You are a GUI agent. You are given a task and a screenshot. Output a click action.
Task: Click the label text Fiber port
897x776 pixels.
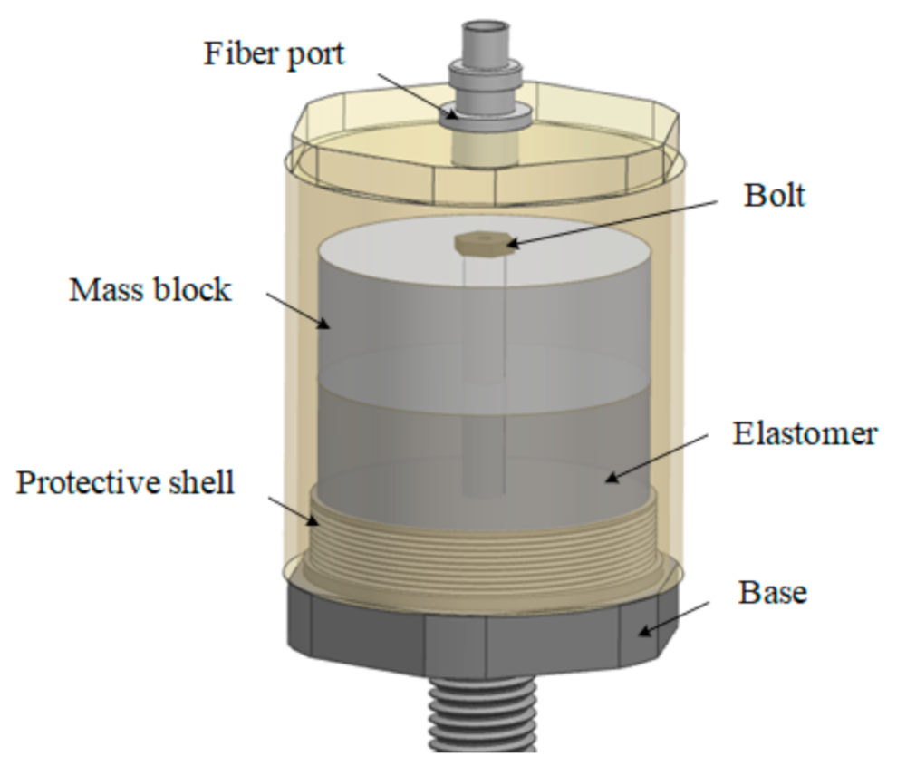[x=274, y=53]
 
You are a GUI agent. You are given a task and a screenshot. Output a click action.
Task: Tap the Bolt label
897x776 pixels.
[x=774, y=195]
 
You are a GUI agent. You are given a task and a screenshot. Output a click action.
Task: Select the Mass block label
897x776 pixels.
[x=150, y=290]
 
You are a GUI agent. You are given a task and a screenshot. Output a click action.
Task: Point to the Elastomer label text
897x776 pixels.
[x=805, y=433]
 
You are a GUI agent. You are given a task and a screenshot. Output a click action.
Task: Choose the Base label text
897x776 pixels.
[x=773, y=593]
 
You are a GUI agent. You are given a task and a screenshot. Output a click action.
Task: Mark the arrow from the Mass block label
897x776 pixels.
[x=294, y=308]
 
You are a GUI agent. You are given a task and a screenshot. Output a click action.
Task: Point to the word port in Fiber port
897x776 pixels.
[x=313, y=55]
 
